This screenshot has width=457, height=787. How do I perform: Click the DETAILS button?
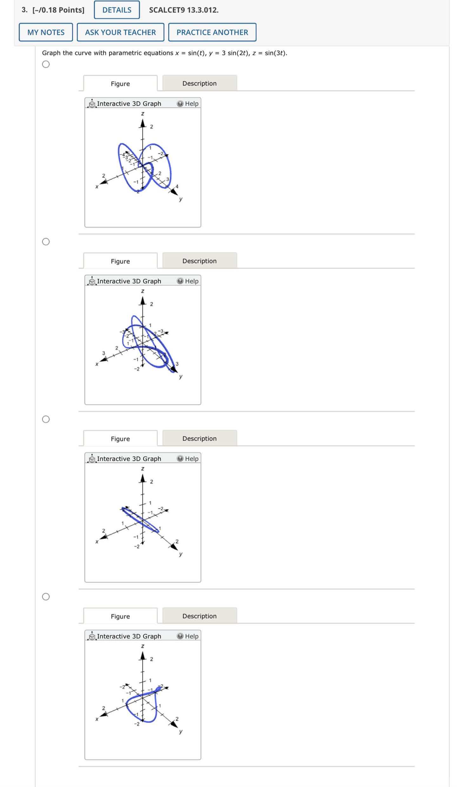pos(116,10)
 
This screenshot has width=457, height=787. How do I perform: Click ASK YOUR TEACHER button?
pos(120,32)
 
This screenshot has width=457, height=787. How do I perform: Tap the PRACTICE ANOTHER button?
pos(212,32)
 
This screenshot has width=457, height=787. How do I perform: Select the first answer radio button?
pos(46,64)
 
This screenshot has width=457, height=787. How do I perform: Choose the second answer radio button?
pos(46,242)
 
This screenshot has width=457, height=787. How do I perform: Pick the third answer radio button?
pos(46,419)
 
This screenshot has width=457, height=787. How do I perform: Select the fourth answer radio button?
pos(46,597)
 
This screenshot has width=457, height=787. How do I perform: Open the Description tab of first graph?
pos(199,83)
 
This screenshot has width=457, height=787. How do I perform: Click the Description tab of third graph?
pos(199,438)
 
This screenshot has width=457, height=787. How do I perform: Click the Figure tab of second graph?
pos(120,261)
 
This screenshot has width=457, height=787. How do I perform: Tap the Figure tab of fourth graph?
pos(120,616)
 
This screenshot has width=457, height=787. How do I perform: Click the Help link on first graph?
pos(188,104)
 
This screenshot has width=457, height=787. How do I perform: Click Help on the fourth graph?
pos(188,636)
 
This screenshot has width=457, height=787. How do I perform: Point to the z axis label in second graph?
pos(142,291)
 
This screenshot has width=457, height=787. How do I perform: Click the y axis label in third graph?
pos(181,554)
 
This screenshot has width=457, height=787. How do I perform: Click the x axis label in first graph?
pos(97,187)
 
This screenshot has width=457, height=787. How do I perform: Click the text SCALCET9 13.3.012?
pos(184,10)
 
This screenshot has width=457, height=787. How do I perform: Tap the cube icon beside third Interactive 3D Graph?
pos(92,458)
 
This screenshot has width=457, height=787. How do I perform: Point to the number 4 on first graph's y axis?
pos(177,187)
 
